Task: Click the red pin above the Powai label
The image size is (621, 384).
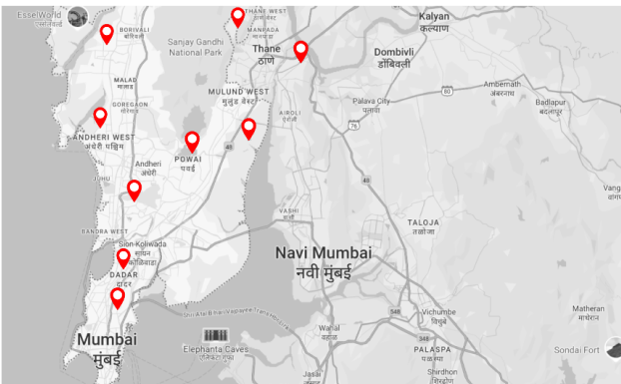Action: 192,141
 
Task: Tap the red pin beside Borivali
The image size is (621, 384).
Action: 106,33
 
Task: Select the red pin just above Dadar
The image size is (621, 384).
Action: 123,258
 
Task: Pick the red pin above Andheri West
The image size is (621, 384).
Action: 100,117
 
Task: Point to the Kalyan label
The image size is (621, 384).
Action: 434,17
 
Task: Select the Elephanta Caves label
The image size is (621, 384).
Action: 216,350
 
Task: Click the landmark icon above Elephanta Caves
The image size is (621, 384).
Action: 216,334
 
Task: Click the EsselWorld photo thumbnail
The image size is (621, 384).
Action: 77,16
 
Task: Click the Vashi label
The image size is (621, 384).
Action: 290,211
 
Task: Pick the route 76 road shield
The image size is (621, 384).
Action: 353,127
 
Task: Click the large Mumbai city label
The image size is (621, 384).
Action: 106,341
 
